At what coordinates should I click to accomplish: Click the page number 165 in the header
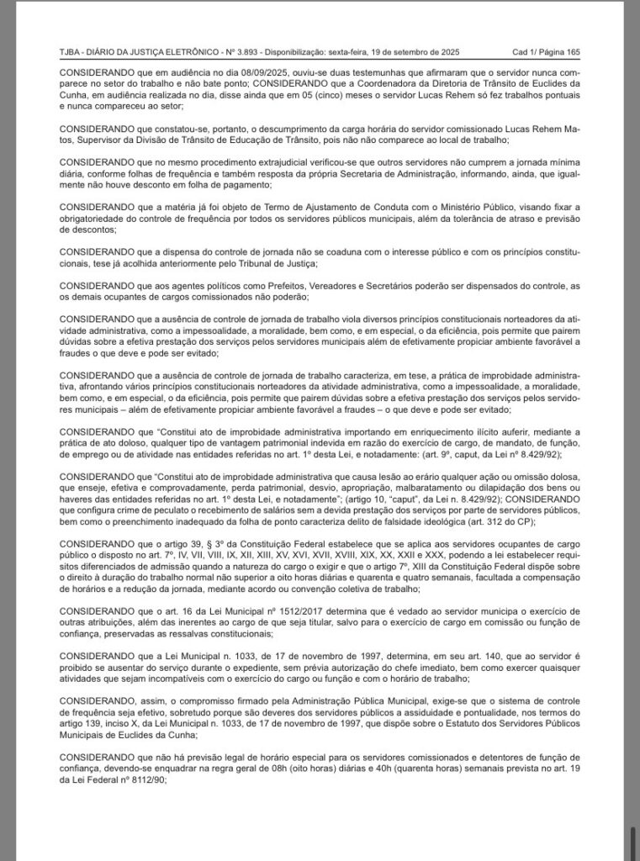pos(571,51)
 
